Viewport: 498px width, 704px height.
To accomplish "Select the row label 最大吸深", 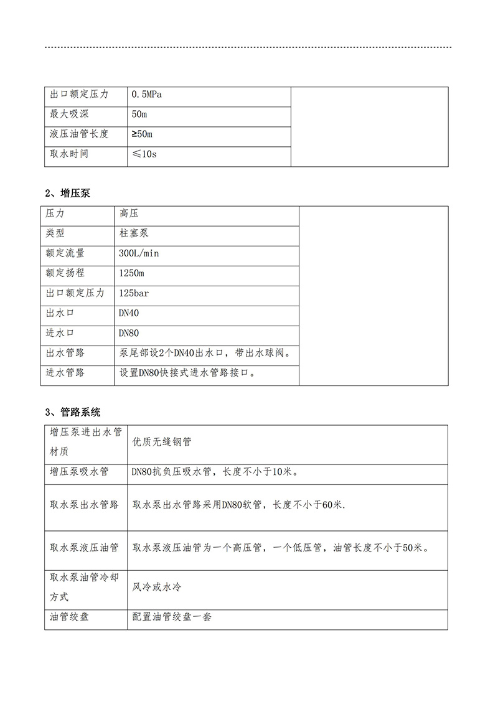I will coord(69,115).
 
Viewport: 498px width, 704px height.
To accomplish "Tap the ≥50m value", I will coord(142,134).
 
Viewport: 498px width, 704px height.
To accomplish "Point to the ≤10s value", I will coord(144,154).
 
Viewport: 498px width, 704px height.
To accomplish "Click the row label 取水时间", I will coord(69,154).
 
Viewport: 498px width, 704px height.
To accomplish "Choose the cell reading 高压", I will coord(129,214).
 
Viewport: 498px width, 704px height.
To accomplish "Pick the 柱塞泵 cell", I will coord(134,233).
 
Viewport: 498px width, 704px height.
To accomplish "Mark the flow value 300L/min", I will coord(139,253).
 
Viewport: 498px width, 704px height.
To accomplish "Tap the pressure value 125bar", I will coord(134,293).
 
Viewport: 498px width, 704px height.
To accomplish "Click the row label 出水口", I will coord(60,312).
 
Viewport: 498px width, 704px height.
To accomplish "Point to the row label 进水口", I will coord(60,332).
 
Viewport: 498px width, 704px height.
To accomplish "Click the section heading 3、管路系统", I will coord(72,411).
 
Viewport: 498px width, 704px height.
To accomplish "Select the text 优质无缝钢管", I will coord(162,442).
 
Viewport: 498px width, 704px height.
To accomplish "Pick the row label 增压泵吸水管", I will coord(79,472).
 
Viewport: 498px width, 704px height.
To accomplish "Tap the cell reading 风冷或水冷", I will coord(157,587).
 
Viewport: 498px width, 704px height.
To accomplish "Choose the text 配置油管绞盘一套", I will coord(172,617).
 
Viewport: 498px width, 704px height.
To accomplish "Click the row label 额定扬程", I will coord(65,273).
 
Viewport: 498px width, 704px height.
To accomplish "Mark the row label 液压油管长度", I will coord(79,134).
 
